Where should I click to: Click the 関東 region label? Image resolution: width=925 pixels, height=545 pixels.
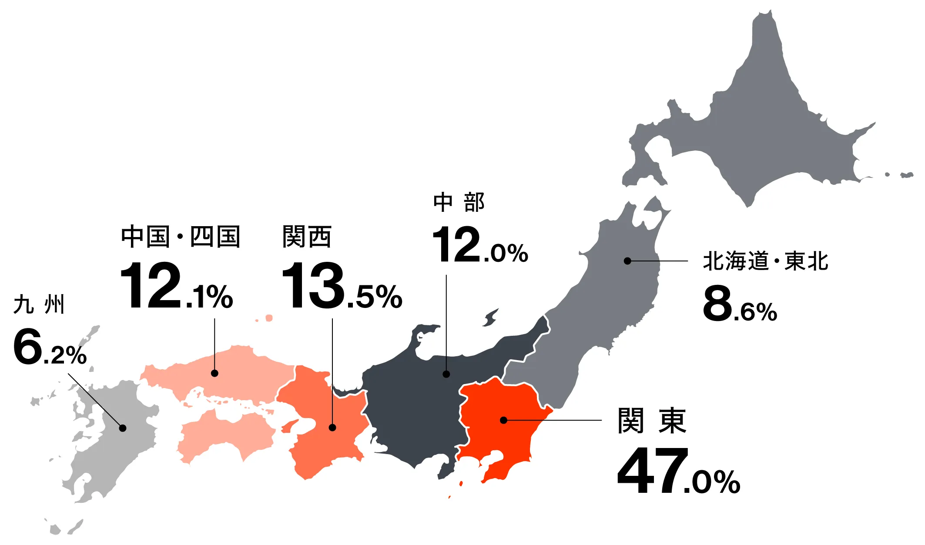[651, 421]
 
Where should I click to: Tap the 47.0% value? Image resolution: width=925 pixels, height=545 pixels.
[678, 471]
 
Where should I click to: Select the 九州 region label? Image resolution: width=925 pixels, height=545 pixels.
[39, 304]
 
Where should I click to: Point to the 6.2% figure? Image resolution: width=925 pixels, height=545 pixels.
[50, 348]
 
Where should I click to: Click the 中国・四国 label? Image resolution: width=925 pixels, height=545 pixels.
[180, 237]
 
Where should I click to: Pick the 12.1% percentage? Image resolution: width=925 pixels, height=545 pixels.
[176, 286]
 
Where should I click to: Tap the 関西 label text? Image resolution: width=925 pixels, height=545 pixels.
[307, 237]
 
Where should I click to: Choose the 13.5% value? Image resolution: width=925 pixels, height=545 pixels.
[342, 286]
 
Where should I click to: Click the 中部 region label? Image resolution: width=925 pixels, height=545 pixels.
[459, 203]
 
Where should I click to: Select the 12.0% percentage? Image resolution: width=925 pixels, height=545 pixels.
[480, 245]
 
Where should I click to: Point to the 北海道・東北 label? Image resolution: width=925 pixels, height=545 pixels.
[765, 261]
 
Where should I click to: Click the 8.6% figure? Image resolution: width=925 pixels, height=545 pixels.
[740, 304]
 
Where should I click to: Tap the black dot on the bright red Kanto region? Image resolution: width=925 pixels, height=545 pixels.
[503, 420]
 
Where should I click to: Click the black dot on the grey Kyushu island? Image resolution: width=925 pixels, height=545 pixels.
[123, 428]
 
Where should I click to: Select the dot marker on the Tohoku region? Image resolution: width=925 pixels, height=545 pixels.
[627, 261]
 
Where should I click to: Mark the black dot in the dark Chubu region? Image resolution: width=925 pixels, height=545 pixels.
[446, 374]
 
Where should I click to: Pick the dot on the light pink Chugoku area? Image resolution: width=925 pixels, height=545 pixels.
[214, 373]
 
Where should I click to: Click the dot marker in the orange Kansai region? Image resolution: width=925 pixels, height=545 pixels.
[332, 428]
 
